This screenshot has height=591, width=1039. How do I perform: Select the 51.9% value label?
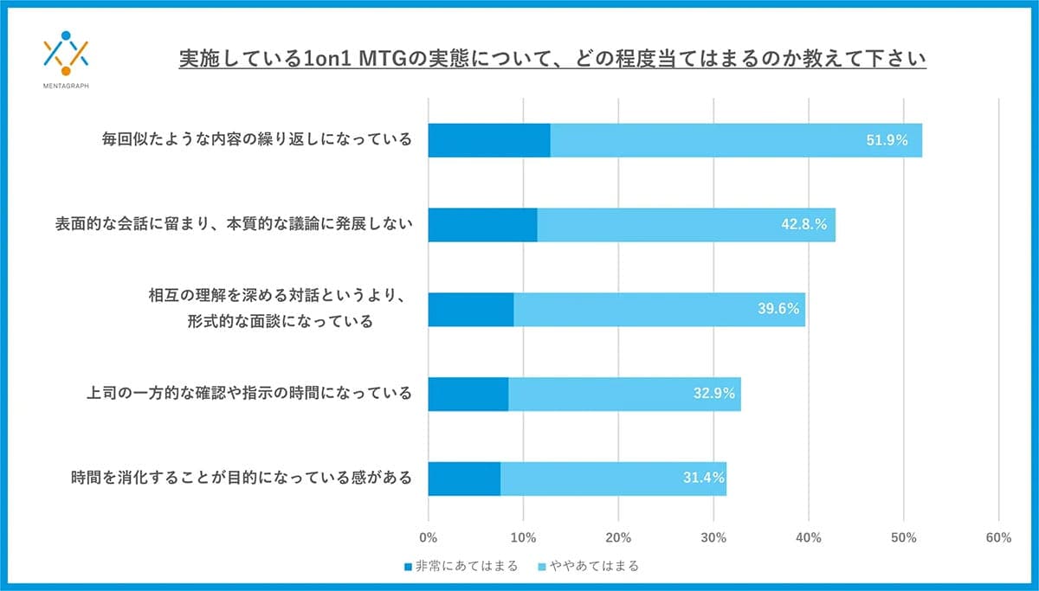(x=887, y=140)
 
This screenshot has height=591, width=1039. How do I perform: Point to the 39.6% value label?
(x=778, y=309)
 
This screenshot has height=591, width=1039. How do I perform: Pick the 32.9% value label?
(x=713, y=394)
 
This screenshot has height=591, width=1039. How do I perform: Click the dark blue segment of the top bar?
(x=489, y=140)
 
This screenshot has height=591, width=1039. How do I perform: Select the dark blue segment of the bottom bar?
(x=464, y=479)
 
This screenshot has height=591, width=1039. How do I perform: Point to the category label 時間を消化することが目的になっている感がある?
(x=241, y=478)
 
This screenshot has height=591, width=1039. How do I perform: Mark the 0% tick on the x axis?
(x=428, y=537)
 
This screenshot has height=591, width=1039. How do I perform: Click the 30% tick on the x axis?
(x=713, y=537)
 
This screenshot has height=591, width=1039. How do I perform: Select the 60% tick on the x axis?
(x=998, y=537)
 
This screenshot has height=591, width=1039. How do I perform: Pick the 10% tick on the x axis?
(x=523, y=537)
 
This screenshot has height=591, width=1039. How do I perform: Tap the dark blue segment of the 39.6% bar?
(x=471, y=309)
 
